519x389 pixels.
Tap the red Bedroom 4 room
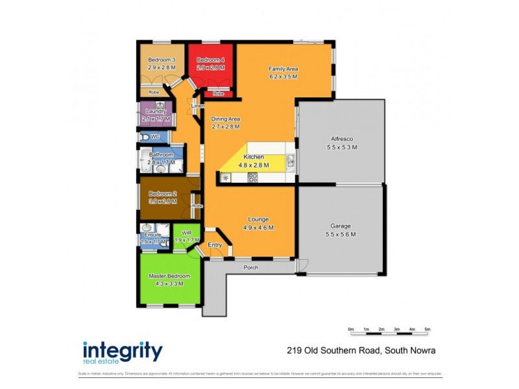[211, 65]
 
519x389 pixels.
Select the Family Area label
[283, 69]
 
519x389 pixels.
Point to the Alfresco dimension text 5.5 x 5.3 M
[341, 148]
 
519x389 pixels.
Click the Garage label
[341, 226]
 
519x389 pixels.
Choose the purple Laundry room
[155, 115]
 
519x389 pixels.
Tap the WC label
[155, 137]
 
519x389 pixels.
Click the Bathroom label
[161, 155]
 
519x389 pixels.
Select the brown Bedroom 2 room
[162, 198]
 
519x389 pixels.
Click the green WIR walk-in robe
[186, 237]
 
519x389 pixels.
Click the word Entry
[215, 244]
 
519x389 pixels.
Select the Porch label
[252, 267]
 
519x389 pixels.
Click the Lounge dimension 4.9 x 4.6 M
[258, 228]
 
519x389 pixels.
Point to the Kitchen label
[253, 157]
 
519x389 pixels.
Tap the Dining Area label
[226, 119]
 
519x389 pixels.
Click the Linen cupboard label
[198, 106]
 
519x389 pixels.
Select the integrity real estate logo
[122, 353]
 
